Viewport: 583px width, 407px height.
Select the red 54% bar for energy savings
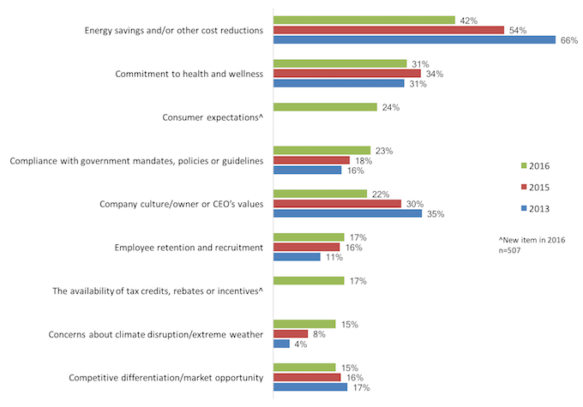[x=388, y=30]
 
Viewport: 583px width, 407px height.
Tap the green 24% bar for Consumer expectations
[x=324, y=107]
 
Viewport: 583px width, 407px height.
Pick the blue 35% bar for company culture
[x=346, y=213]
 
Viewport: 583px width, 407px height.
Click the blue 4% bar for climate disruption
[x=280, y=344]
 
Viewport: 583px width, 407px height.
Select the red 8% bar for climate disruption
[x=290, y=334]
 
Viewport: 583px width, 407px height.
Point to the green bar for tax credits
[x=308, y=280]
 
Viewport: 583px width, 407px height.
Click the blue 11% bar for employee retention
[x=296, y=257]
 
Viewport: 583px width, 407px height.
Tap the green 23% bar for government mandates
[x=322, y=151]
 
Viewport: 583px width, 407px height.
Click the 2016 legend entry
[x=535, y=165]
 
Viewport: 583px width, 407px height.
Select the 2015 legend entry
[x=535, y=187]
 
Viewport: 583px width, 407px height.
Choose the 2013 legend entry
[x=535, y=208]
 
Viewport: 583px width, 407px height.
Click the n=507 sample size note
[x=513, y=252]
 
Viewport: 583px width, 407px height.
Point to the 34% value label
[x=433, y=74]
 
